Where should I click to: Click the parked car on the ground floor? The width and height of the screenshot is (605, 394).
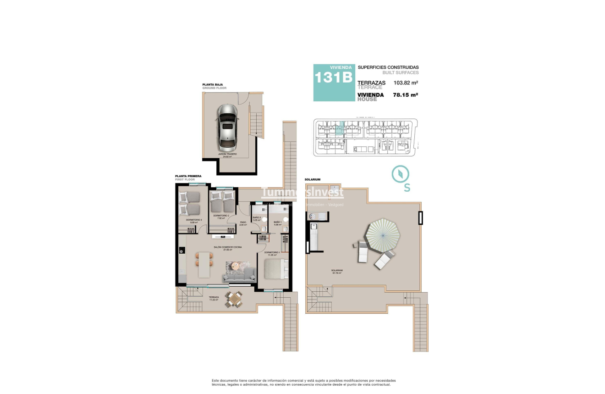(x=228, y=128)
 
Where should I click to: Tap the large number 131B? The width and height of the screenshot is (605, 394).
(x=333, y=78)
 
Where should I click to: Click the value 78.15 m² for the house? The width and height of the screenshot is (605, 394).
(x=405, y=95)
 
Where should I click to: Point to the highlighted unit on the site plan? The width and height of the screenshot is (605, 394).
(x=339, y=128)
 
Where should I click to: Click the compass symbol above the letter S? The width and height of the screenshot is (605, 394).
(x=400, y=174)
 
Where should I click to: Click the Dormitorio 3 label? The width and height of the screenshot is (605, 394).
(x=193, y=220)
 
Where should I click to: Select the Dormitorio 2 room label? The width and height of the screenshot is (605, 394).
(x=220, y=216)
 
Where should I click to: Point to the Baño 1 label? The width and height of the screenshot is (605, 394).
(x=277, y=222)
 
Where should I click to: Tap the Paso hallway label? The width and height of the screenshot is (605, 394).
(x=243, y=222)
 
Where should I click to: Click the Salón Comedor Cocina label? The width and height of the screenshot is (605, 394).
(x=227, y=247)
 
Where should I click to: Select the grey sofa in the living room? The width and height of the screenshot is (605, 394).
(x=239, y=275)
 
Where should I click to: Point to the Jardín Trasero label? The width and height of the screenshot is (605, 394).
(x=227, y=154)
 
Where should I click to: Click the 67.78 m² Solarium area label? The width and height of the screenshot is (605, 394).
(x=337, y=272)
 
